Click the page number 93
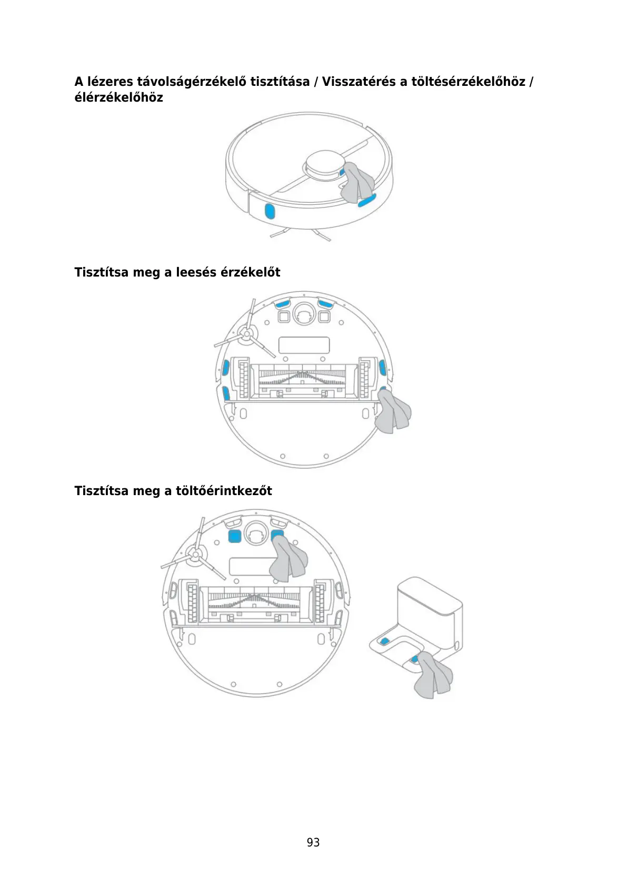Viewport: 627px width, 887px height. [313, 842]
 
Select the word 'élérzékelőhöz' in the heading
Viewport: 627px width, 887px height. [118, 97]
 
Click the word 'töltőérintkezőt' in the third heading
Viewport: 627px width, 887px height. [224, 491]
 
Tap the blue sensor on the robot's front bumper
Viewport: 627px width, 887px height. [269, 212]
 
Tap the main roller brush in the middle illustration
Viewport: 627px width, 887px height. [302, 377]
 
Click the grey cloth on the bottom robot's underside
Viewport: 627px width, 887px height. [288, 561]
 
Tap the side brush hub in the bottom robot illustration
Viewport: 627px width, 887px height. [194, 554]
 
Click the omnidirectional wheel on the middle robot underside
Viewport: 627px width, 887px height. [304, 314]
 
